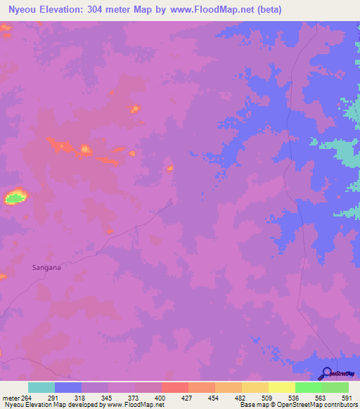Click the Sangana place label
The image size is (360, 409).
tap(46, 267)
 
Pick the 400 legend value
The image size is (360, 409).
tap(161, 397)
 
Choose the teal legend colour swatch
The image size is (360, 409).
tap(41, 387)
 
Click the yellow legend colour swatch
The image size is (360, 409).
tap(255, 387)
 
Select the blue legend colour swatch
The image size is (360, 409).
tap(68, 387)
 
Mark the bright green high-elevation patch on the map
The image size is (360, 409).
tap(13, 197)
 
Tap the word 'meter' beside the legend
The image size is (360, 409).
tap(9, 397)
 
